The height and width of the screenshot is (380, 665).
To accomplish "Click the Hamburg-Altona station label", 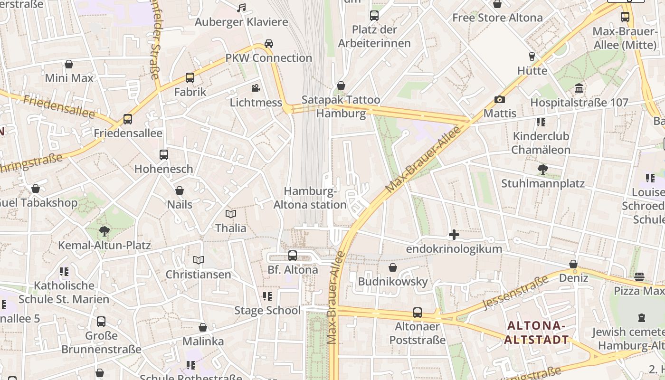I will click(310, 198).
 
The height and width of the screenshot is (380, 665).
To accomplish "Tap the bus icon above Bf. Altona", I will click(293, 256).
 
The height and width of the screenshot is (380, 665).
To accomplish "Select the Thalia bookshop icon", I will click(231, 214).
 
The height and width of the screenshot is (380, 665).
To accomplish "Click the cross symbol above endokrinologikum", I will click(454, 235).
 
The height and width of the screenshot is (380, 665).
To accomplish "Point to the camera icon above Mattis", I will click(499, 99).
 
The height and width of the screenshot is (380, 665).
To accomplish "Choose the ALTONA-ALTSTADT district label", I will click(536, 332).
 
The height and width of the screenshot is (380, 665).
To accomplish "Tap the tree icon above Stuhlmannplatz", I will click(542, 170).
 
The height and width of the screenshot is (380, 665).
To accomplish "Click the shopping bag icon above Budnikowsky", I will click(393, 267).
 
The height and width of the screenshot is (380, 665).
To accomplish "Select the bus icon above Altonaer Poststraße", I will click(418, 313).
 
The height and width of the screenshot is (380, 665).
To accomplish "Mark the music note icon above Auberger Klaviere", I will click(241, 8).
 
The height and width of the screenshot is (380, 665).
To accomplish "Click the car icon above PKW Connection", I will click(269, 44).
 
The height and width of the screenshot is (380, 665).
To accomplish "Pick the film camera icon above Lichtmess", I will click(256, 88).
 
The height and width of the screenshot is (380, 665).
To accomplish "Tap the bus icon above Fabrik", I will click(190, 78).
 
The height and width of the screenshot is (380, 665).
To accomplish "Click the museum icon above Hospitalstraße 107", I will click(579, 88).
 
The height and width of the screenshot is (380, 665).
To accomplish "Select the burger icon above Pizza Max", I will click(639, 277).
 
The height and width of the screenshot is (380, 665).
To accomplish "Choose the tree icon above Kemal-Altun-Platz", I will click(104, 231).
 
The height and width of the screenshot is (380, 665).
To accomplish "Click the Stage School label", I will click(267, 311).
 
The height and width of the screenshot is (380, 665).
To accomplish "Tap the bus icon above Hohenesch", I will click(164, 155).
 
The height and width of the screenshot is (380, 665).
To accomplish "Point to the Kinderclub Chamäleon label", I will click(541, 143).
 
